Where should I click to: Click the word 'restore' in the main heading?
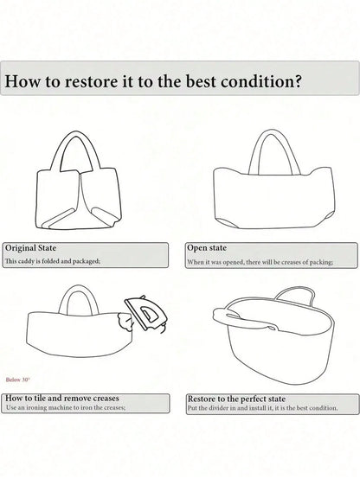(x=91, y=81)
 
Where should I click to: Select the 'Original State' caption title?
(x=30, y=248)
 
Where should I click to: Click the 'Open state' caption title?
(x=207, y=248)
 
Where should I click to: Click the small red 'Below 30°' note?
(x=17, y=380)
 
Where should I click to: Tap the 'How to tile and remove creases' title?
(x=62, y=398)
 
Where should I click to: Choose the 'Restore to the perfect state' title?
(x=236, y=399)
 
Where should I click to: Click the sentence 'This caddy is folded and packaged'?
(x=53, y=261)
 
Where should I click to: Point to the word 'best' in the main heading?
(x=201, y=81)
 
